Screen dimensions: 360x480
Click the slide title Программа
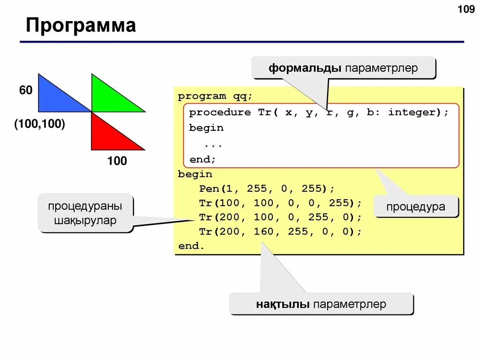pyautogui.click(x=81, y=25)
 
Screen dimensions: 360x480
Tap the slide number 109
pyautogui.click(x=465, y=9)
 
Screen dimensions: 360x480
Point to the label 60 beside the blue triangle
pyautogui.click(x=26, y=90)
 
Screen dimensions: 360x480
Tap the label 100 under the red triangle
pyautogui.click(x=117, y=161)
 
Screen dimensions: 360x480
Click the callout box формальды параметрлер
pyautogui.click(x=344, y=68)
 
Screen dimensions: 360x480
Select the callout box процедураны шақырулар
pyautogui.click(x=85, y=213)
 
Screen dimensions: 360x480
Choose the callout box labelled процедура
pyautogui.click(x=415, y=206)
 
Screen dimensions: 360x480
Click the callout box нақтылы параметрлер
pyautogui.click(x=321, y=304)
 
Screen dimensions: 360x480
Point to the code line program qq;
pyautogui.click(x=215, y=97)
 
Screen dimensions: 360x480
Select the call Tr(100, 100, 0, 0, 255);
pyautogui.click(x=280, y=203)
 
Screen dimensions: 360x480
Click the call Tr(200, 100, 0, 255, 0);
pyautogui.click(x=280, y=217)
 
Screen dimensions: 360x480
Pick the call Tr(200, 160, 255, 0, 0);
pyautogui.click(x=280, y=232)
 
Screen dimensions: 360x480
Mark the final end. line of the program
pyautogui.click(x=191, y=246)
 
